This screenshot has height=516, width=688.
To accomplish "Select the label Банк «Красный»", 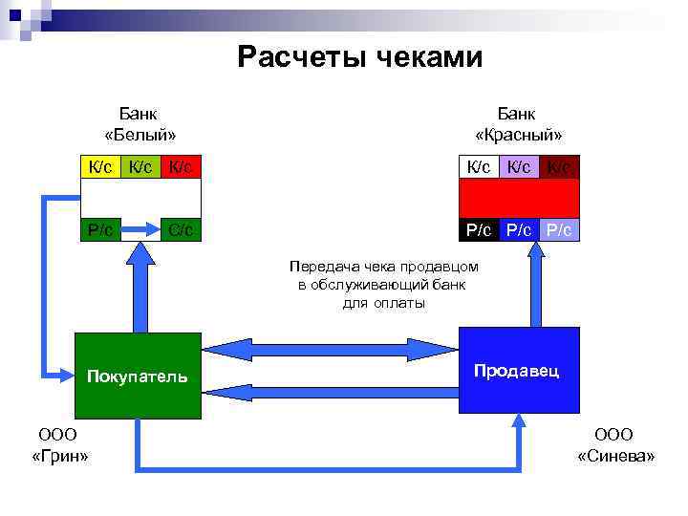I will (518, 123).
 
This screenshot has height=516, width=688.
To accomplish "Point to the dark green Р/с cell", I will (101, 229).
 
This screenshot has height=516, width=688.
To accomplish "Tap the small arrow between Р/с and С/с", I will (142, 229).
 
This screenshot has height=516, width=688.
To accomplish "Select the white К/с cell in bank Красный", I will (477, 167).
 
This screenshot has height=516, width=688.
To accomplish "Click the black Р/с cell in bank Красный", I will (478, 229).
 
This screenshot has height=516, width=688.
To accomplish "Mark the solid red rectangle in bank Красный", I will (519, 198).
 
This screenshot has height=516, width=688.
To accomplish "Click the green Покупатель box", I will (139, 376).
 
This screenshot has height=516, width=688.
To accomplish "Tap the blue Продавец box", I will (519, 370).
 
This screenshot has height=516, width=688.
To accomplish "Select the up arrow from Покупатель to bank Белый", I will (141, 287).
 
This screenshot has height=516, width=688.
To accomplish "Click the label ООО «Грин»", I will (59, 445).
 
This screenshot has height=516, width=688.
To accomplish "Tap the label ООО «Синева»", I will (616, 445).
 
